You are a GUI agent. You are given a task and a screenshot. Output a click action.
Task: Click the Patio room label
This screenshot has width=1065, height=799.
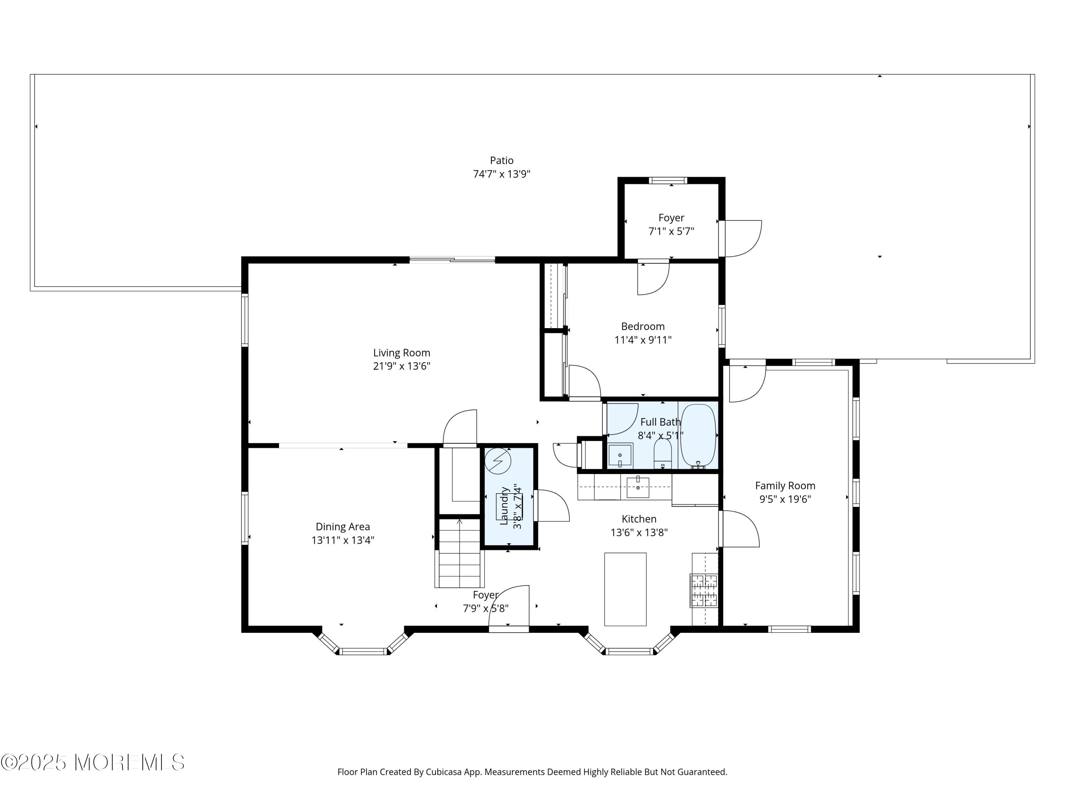coord(501,161)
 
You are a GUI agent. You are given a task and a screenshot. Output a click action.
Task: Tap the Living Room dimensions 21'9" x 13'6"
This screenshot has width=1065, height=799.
coord(401,366)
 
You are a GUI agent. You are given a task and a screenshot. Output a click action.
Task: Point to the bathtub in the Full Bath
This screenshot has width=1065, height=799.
coord(698,435)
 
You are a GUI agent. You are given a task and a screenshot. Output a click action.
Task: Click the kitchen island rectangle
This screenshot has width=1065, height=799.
coord(625,589)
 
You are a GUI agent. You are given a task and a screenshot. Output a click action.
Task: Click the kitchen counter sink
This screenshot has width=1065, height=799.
coord(638,488)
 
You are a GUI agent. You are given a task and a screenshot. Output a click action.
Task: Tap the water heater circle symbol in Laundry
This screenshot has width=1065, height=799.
coord(498,461)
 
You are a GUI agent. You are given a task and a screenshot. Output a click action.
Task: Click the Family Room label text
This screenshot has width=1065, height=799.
coord(785,486)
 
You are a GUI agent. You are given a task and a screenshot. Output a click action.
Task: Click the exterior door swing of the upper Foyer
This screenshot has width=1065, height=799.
coord(742,238)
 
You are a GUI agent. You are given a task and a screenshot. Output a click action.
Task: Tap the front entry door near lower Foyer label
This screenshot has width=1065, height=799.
coord(509,607)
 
